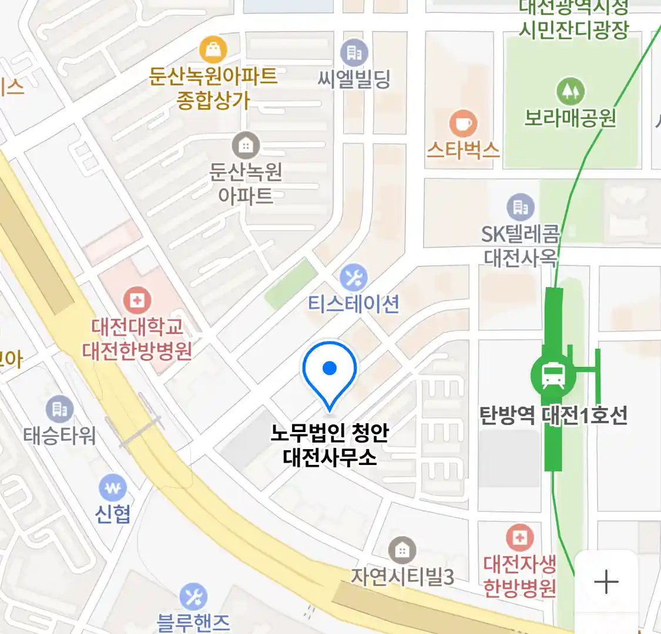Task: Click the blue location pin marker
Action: pyautogui.click(x=330, y=370)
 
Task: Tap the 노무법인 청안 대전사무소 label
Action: pyautogui.click(x=330, y=444)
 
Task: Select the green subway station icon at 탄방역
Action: pyautogui.click(x=553, y=375)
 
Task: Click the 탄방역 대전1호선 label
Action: pyautogui.click(x=553, y=416)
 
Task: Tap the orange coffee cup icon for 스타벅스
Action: pyautogui.click(x=463, y=124)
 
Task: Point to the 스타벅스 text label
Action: pyautogui.click(x=463, y=150)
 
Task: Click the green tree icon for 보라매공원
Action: pyautogui.click(x=569, y=92)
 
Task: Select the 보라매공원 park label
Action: pyautogui.click(x=570, y=118)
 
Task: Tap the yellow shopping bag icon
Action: pyautogui.click(x=213, y=50)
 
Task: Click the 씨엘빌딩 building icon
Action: pyautogui.click(x=354, y=53)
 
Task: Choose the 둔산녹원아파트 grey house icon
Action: pyautogui.click(x=246, y=144)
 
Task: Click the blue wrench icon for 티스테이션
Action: pyautogui.click(x=353, y=277)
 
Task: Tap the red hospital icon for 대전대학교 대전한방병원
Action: pyautogui.click(x=137, y=301)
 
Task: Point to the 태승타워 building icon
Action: pyautogui.click(x=59, y=409)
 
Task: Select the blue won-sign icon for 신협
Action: pyautogui.click(x=113, y=488)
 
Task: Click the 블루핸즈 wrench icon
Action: pyautogui.click(x=193, y=597)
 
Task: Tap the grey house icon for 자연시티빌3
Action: pyautogui.click(x=402, y=551)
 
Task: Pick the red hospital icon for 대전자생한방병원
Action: pyautogui.click(x=519, y=538)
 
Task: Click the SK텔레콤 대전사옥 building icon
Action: pyautogui.click(x=520, y=207)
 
